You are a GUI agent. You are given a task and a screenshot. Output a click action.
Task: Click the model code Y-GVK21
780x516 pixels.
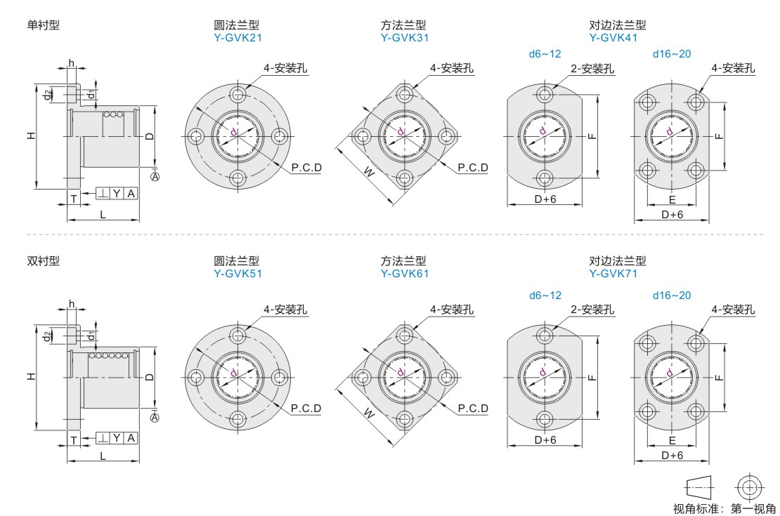(238, 38)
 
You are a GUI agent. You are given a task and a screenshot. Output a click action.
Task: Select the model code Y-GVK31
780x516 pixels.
(405, 38)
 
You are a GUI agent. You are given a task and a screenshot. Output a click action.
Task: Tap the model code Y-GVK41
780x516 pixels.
(613, 38)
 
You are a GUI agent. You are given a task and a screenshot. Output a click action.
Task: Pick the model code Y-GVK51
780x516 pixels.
(238, 274)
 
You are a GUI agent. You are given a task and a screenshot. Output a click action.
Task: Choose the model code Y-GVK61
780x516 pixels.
(405, 274)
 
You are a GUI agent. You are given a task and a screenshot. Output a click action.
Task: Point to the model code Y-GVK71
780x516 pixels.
(613, 274)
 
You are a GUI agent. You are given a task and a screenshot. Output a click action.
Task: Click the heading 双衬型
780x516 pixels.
(44, 261)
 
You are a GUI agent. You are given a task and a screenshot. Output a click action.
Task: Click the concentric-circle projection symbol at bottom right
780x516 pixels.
(749, 487)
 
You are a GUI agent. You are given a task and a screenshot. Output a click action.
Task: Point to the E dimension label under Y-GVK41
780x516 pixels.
(672, 199)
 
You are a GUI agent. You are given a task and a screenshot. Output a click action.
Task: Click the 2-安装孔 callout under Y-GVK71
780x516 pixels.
(592, 310)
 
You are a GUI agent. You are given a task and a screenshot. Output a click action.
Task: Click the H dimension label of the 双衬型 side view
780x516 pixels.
(32, 377)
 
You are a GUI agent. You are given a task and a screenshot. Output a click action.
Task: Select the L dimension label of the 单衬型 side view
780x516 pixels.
(103, 214)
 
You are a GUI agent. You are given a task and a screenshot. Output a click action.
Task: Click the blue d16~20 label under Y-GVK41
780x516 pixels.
(672, 54)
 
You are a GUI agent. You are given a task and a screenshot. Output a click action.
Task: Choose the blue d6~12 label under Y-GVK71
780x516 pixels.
(545, 296)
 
